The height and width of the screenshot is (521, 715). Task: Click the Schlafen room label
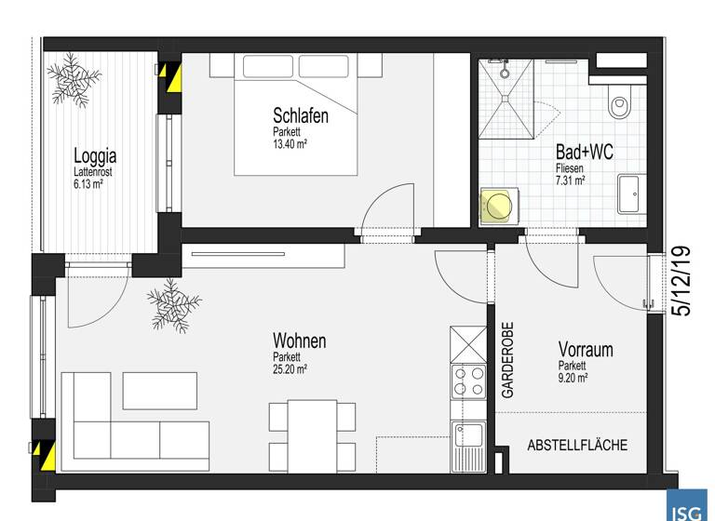click(301, 116)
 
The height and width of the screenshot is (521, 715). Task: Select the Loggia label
click(96, 155)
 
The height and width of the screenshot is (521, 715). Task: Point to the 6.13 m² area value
click(88, 183)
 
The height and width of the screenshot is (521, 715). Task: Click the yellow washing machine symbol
click(497, 204)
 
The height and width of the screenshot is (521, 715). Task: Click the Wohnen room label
click(299, 341)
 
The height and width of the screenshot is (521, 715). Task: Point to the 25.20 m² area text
click(290, 368)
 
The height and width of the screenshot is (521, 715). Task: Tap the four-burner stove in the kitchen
click(467, 382)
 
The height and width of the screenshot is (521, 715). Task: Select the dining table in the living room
click(312, 429)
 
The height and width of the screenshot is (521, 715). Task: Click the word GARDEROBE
click(508, 362)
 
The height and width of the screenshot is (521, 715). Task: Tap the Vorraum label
click(586, 350)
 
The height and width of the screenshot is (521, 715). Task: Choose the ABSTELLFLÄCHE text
click(577, 446)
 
